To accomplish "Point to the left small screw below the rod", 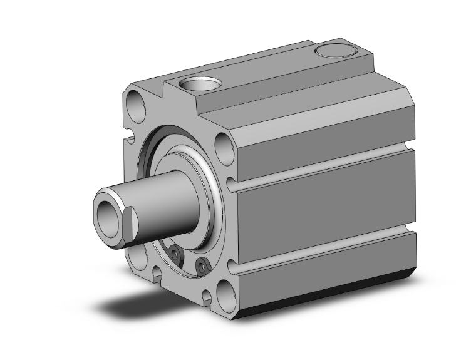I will [177, 255].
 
